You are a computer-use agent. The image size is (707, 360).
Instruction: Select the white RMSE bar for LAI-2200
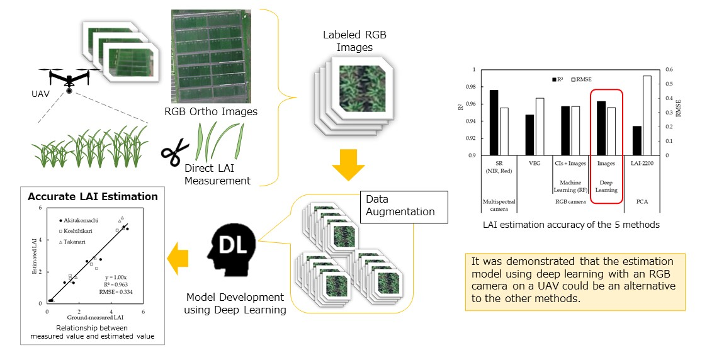point(647,115)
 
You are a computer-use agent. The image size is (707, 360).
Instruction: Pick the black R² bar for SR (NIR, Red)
point(494,123)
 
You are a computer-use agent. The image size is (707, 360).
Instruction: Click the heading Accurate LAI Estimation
point(93,196)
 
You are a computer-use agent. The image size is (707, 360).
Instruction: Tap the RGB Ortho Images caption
point(211,113)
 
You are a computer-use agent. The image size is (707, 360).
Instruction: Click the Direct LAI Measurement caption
point(217,175)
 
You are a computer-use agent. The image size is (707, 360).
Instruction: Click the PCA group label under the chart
point(642,201)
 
